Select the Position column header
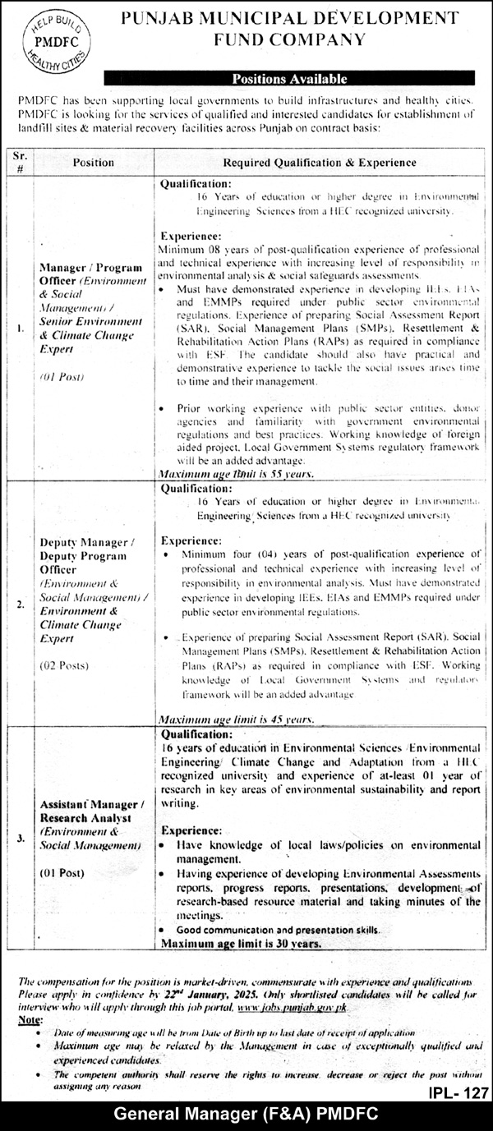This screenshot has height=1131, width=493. (x=93, y=163)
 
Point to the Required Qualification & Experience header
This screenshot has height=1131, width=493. (x=319, y=163)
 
